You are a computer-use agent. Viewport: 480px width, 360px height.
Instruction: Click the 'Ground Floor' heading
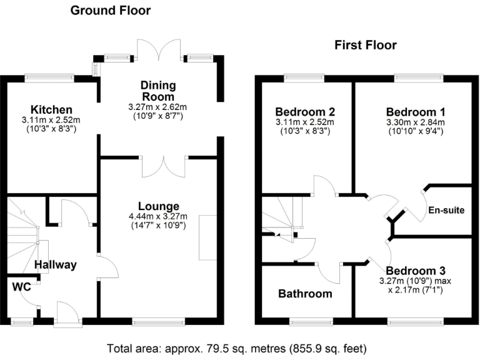pos(110,10)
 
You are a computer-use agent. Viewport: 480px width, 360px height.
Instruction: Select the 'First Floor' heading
pos(366,45)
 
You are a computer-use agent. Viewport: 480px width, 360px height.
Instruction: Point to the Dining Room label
pos(158,91)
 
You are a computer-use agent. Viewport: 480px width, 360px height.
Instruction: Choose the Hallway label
pos(56,264)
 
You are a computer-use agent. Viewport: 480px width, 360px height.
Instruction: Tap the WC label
pos(21,287)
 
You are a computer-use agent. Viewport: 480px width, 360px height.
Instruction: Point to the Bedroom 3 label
pos(416,271)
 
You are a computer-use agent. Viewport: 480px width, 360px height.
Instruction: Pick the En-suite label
pos(446,210)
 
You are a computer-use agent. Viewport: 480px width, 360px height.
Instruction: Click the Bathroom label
pos(306,293)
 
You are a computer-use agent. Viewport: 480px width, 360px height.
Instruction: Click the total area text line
pos(236,347)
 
